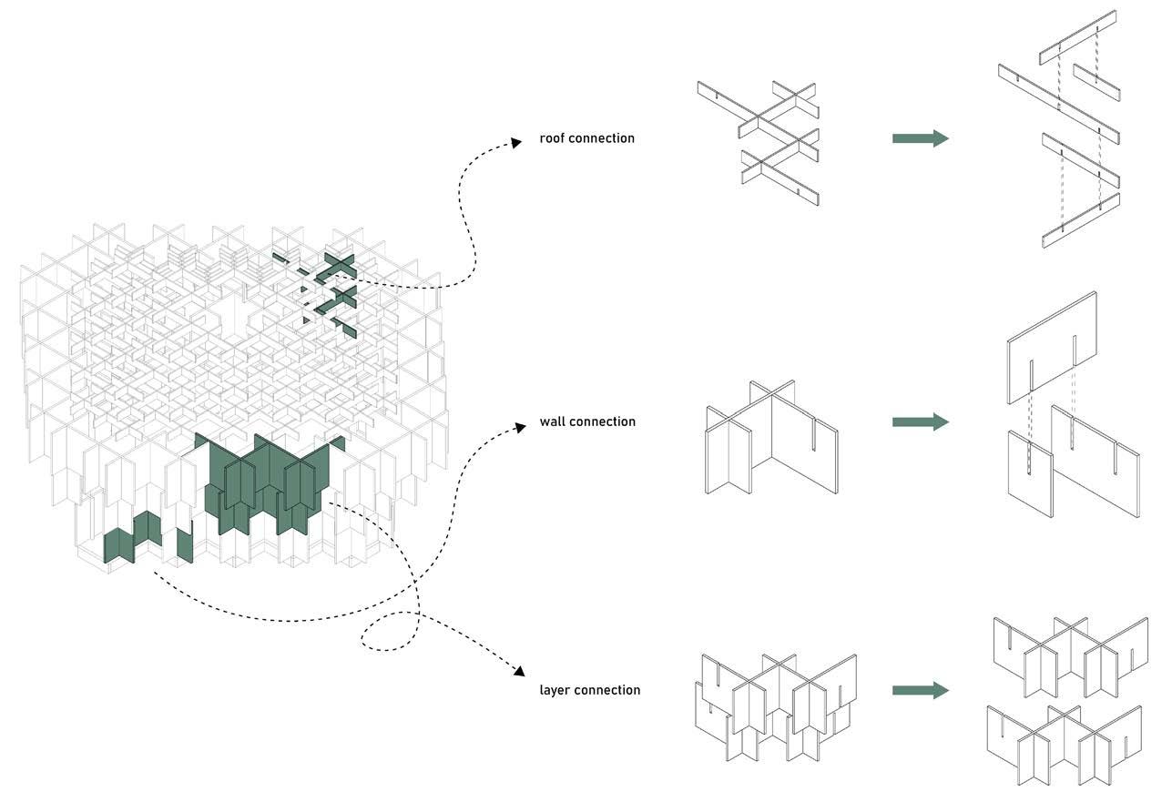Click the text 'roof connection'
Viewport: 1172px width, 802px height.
click(x=586, y=138)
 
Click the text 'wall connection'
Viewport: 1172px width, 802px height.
click(x=587, y=421)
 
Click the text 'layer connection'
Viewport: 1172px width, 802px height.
click(x=589, y=690)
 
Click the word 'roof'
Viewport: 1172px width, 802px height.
click(x=553, y=138)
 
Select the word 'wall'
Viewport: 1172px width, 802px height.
click(x=552, y=421)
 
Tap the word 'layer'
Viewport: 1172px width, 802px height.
click(x=555, y=690)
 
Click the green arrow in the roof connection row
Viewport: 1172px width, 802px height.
click(x=920, y=138)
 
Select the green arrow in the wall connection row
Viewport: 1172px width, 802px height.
click(x=920, y=421)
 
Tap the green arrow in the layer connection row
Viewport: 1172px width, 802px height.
click(x=920, y=690)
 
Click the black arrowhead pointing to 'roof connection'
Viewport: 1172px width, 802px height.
click(x=515, y=142)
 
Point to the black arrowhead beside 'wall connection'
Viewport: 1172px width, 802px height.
click(x=520, y=426)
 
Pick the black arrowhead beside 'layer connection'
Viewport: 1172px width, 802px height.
click(x=519, y=672)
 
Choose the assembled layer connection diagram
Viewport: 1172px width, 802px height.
click(x=776, y=706)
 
